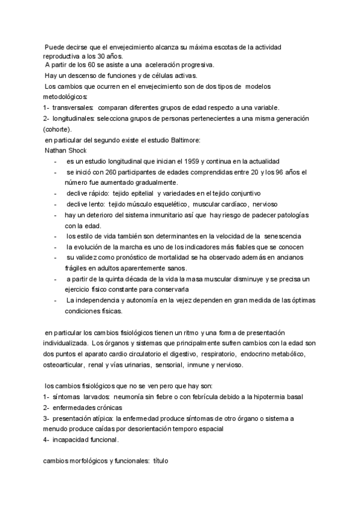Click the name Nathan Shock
[62, 150]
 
